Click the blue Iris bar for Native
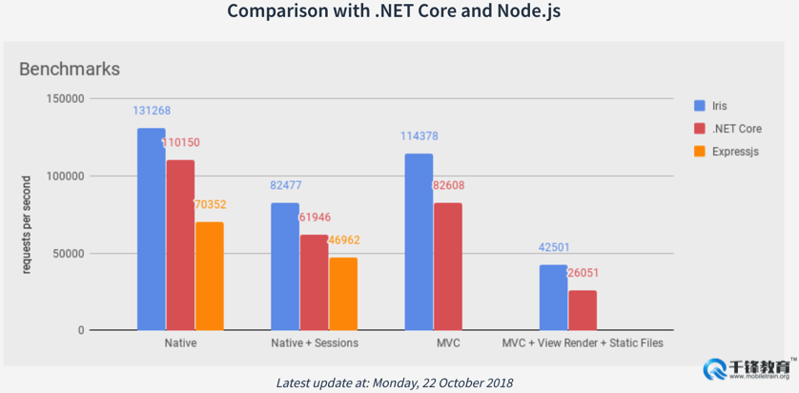click(151, 229)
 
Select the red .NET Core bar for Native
click(180, 245)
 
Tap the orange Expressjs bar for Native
click(209, 276)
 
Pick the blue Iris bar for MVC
click(419, 241)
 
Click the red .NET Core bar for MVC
click(448, 266)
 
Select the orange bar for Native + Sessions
click(343, 294)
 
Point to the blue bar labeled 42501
click(553, 297)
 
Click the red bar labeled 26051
click(583, 310)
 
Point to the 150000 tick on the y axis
click(66, 98)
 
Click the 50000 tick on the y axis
click(69, 254)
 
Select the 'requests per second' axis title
click(27, 225)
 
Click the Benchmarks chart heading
click(70, 69)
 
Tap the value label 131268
click(151, 111)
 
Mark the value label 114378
click(419, 136)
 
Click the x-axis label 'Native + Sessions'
click(314, 342)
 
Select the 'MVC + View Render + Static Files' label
click(582, 342)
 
